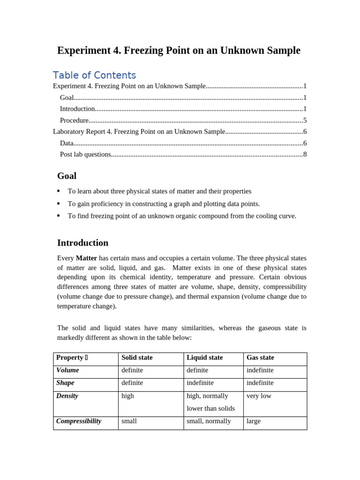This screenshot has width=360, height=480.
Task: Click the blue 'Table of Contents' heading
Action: coord(94,75)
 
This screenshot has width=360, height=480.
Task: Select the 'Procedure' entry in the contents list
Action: coord(74,120)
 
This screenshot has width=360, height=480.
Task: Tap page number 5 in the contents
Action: coord(305,120)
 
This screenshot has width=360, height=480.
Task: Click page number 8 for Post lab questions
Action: coord(305,154)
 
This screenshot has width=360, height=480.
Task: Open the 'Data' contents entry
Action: coord(67,143)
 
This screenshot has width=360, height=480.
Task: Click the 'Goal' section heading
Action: coord(67,176)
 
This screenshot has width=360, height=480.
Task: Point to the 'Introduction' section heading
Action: coord(82,243)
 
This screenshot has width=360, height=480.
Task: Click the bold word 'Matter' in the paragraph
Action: coord(86,258)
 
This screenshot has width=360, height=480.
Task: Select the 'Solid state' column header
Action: coord(137,358)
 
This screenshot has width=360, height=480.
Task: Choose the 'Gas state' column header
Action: coord(260,358)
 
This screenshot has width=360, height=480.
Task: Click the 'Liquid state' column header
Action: coord(204,358)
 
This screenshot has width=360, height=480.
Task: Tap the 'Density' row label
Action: coord(67,396)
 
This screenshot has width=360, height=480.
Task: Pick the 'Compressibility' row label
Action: coord(79,421)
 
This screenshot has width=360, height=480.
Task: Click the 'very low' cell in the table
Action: coord(259,396)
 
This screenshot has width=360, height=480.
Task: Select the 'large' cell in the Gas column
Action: coord(254,421)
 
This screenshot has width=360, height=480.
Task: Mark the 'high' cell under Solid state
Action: coord(127,396)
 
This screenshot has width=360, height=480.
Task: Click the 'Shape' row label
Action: coord(65,383)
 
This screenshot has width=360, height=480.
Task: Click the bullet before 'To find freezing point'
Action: coord(59,216)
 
